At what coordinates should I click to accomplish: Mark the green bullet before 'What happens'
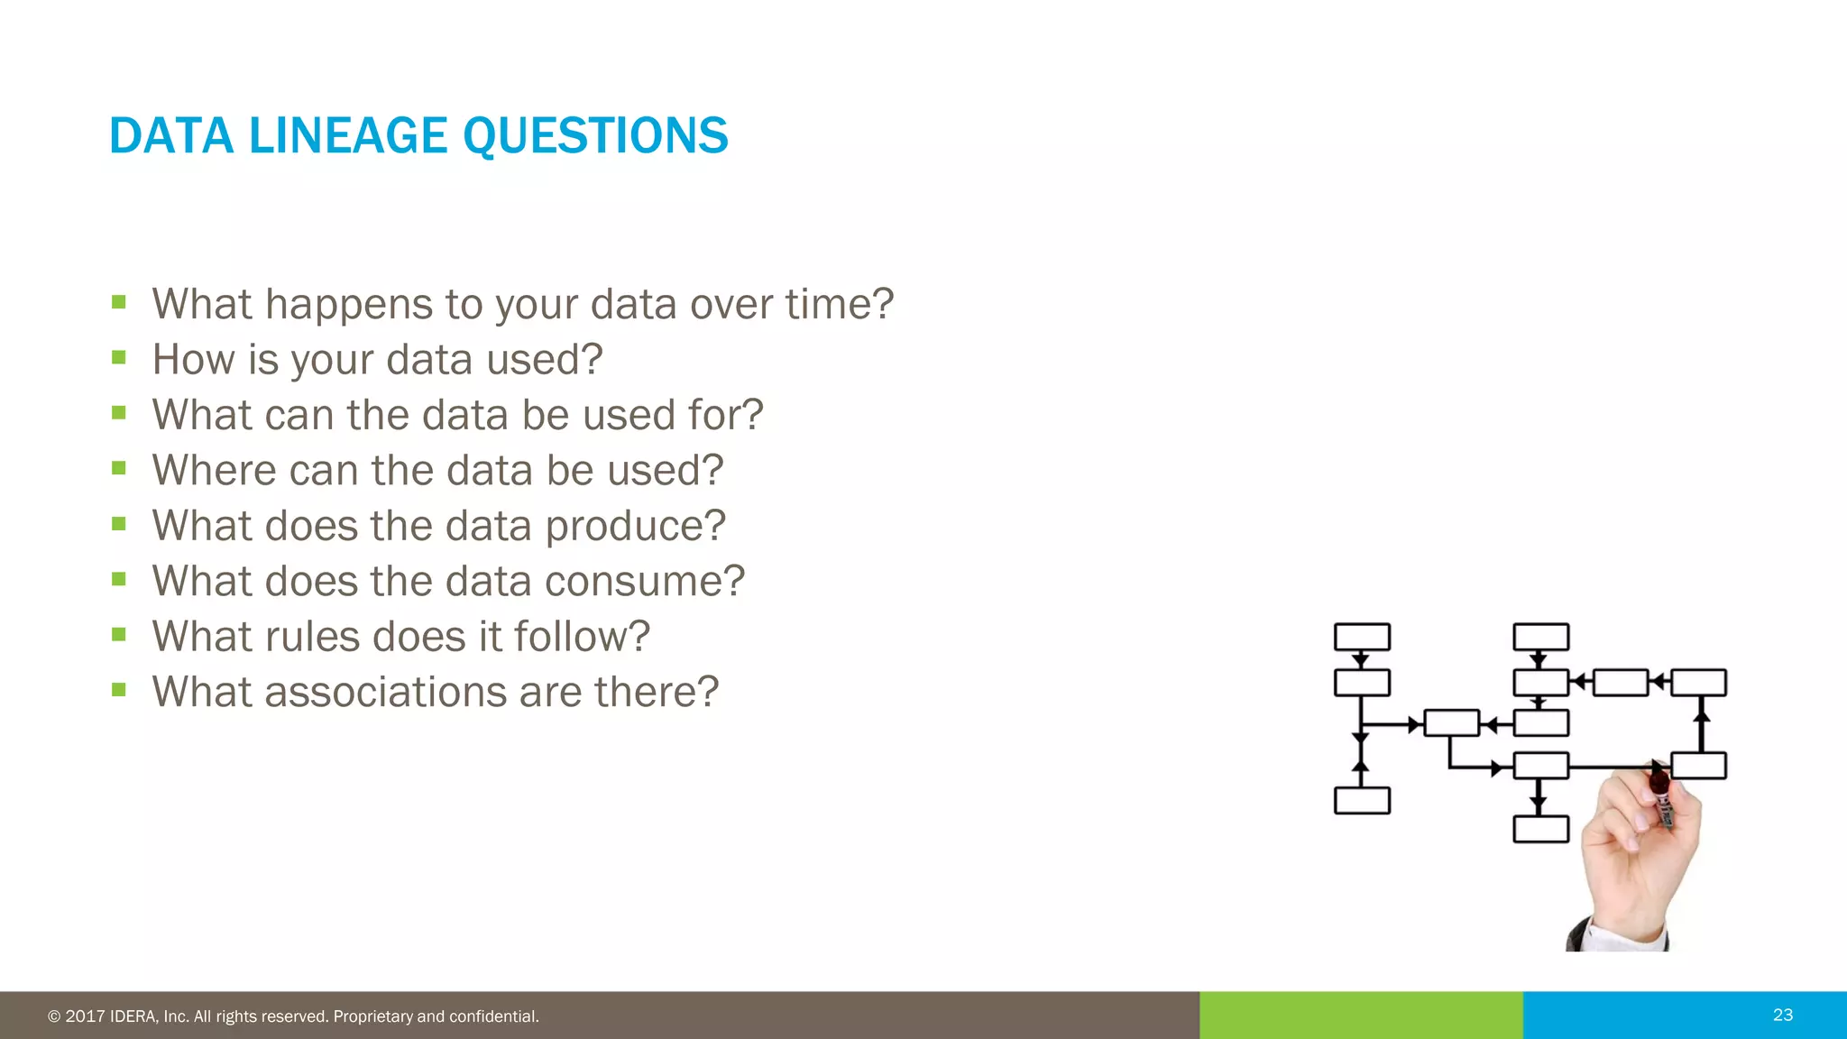pos(119,302)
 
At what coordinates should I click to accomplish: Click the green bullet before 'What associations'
pos(119,690)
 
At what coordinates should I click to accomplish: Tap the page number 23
pos(1782,1015)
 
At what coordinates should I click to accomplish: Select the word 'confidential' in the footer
pos(492,1016)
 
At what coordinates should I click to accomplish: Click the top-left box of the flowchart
pos(1362,637)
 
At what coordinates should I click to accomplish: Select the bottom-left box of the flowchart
pos(1362,800)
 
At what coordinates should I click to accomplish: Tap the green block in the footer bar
pos(1361,1015)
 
